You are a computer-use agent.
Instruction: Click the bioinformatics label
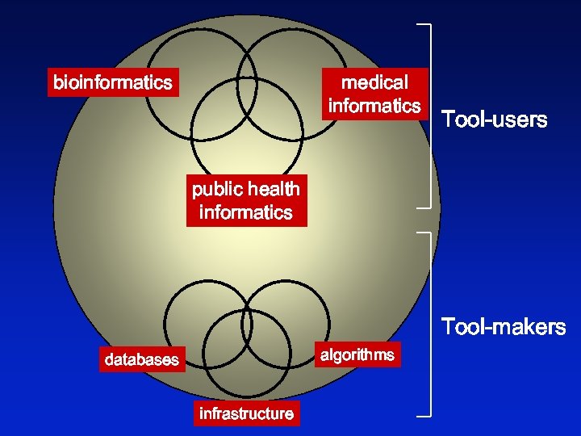point(113,82)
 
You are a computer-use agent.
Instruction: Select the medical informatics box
point(374,94)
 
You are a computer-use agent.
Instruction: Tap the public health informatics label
point(246,200)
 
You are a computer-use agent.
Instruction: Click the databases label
point(141,359)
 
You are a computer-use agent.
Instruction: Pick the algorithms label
point(357,354)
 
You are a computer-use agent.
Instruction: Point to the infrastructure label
point(246,413)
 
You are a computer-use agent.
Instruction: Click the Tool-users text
point(494,120)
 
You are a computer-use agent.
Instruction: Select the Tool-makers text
point(503,327)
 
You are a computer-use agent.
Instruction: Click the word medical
point(374,82)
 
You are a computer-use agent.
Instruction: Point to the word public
point(217,189)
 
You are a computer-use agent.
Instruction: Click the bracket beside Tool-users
point(426,116)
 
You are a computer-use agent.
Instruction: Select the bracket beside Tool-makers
point(426,324)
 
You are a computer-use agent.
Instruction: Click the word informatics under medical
point(374,106)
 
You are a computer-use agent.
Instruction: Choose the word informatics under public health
point(246,212)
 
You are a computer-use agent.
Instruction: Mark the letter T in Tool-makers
point(446,327)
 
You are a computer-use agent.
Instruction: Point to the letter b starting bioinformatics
point(57,82)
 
